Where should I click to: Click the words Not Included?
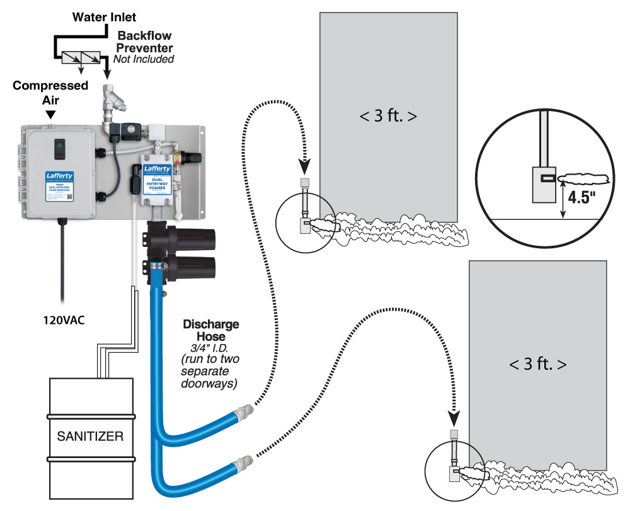(x=143, y=59)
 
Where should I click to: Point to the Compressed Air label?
(x=50, y=92)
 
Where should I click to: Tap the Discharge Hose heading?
(x=211, y=331)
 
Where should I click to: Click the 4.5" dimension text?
(x=583, y=195)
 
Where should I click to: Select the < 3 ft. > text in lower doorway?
(x=537, y=364)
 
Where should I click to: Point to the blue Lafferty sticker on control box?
(x=59, y=187)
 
